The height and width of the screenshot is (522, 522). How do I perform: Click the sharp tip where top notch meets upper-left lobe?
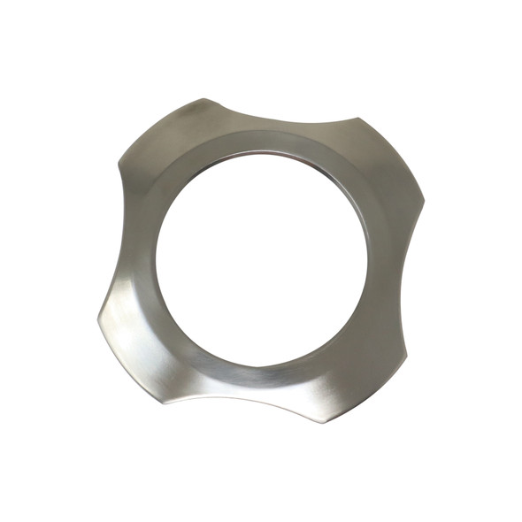209,98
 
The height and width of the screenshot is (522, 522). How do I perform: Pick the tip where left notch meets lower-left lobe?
97,313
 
